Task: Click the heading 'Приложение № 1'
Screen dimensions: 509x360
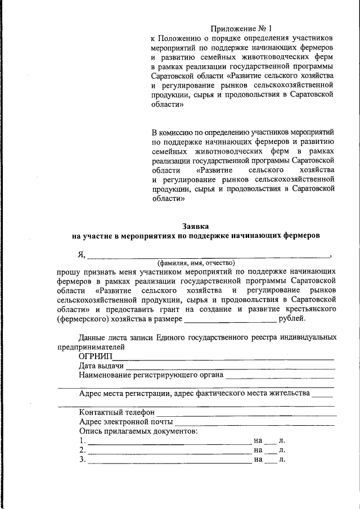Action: [x=241, y=28]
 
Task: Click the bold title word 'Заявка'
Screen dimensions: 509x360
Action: [x=196, y=226]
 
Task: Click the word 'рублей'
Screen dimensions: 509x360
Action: [x=292, y=319]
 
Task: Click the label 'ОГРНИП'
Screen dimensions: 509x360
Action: [x=96, y=357]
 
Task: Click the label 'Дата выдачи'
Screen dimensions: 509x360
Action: [x=101, y=366]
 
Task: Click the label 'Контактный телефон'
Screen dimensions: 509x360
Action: [x=116, y=412]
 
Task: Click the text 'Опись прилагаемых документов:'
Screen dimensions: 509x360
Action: [x=138, y=431]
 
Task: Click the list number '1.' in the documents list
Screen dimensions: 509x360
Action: [x=83, y=440]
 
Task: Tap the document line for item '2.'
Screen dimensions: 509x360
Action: [x=169, y=452]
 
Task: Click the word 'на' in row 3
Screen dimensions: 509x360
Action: [x=258, y=460]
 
